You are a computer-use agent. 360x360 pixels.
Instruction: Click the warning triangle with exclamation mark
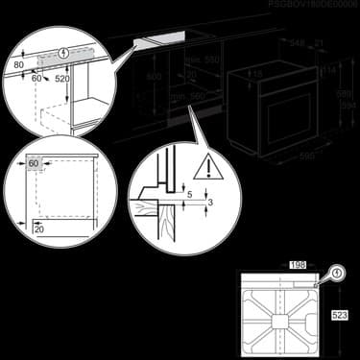[204, 170]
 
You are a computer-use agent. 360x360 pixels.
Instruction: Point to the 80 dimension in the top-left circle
[19, 66]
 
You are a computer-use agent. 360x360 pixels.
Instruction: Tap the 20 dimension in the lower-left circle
[39, 230]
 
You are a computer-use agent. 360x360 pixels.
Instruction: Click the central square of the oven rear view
[286, 313]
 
